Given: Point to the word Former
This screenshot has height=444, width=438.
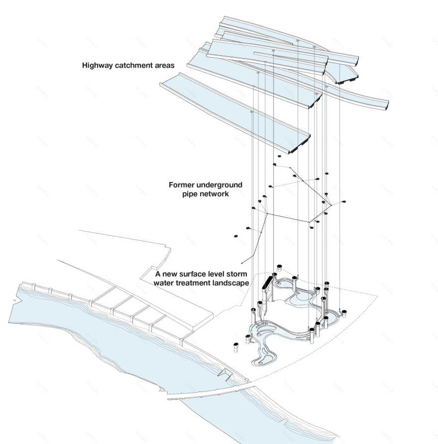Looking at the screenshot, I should point(184,185).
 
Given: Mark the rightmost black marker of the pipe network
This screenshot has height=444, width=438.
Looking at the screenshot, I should point(343,202).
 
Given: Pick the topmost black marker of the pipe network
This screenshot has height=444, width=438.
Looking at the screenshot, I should point(279,157).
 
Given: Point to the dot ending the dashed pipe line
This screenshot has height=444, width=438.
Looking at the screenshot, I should point(241,262).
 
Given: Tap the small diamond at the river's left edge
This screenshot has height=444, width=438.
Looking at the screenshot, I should point(15,301).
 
